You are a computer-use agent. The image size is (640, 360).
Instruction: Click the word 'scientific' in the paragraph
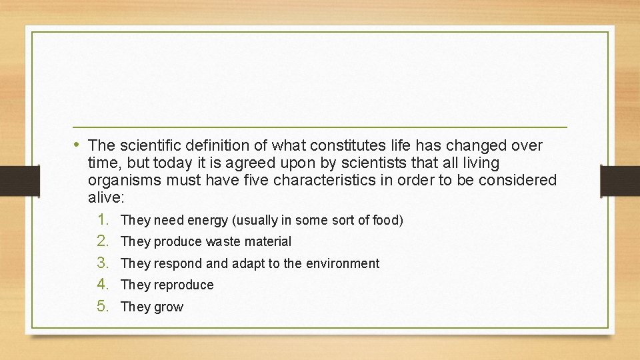tap(147, 145)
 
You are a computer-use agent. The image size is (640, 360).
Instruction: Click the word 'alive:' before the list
tap(106, 197)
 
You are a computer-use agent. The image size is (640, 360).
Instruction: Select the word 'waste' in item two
tap(223, 241)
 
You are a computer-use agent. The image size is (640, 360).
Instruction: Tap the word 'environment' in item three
tap(342, 263)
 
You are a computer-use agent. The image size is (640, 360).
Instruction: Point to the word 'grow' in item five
tap(169, 307)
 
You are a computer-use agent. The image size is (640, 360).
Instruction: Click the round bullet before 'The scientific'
tap(77, 145)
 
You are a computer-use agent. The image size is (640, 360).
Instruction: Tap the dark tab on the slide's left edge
tap(11, 181)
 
